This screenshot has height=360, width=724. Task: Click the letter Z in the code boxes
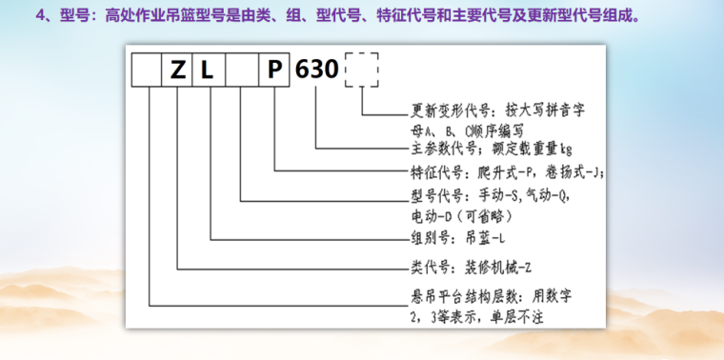[178, 71]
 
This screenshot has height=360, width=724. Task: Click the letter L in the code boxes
[209, 71]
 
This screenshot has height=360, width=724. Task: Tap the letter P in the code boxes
[274, 71]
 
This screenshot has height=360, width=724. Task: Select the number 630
[317, 70]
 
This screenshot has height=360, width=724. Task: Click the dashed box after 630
[362, 70]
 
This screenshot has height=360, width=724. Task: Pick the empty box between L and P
[241, 71]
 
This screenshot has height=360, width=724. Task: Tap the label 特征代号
[436, 171]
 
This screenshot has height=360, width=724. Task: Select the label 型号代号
[436, 193]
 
